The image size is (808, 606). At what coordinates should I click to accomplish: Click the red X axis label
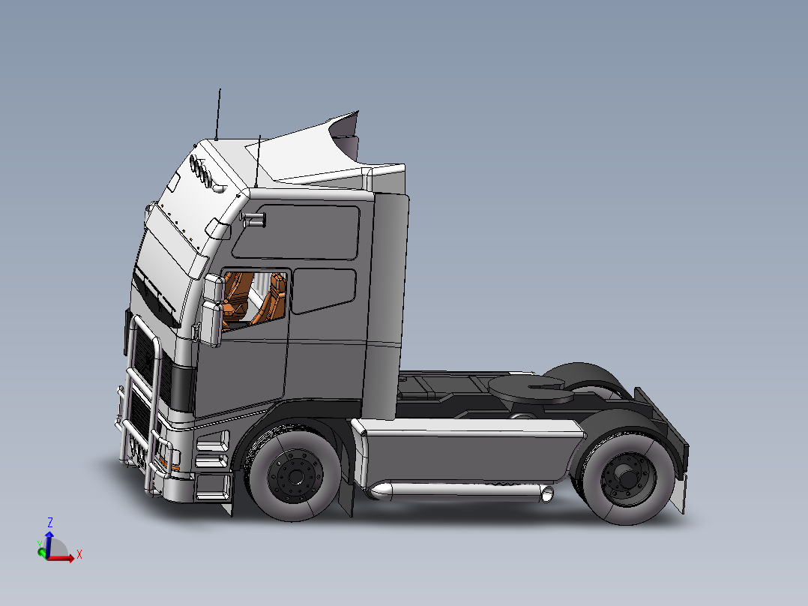(x=79, y=554)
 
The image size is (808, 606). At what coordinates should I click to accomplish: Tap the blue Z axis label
(x=49, y=521)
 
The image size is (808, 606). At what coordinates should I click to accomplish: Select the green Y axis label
(x=39, y=544)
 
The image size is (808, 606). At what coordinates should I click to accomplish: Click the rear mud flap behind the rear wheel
(x=678, y=496)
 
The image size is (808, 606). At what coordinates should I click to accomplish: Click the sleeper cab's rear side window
(x=324, y=290)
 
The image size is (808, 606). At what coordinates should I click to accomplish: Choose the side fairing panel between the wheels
(x=468, y=454)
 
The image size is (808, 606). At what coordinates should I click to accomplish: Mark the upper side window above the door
(x=300, y=232)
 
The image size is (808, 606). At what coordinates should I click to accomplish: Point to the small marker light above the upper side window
(x=254, y=220)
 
